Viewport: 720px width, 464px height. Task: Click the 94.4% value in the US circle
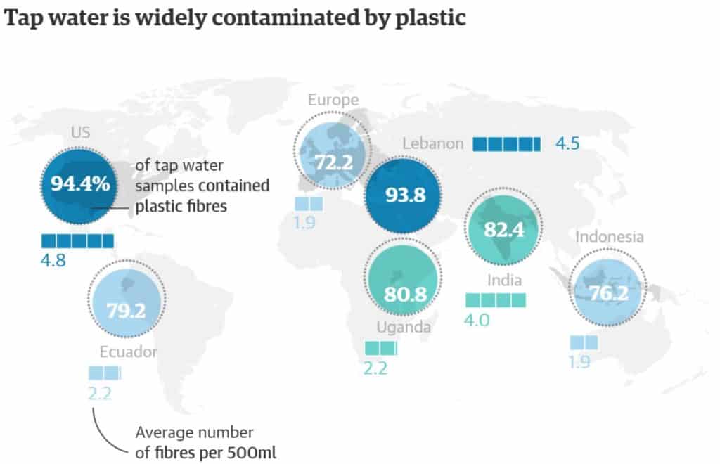tap(79, 185)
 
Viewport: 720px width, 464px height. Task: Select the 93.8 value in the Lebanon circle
tap(405, 195)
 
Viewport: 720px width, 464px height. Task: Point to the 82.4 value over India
tap(506, 230)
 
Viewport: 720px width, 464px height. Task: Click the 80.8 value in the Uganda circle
tap(405, 293)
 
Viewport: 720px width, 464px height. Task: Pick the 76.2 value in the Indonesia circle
tap(608, 293)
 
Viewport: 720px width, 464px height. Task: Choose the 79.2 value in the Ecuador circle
tap(127, 310)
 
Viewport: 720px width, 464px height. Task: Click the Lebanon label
tap(433, 144)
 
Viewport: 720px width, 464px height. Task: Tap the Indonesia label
tap(609, 237)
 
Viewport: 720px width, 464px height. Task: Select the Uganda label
tap(403, 327)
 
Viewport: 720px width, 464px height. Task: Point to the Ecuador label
tap(127, 352)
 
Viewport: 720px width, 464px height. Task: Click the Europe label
tap(333, 100)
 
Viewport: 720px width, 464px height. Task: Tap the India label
tap(504, 281)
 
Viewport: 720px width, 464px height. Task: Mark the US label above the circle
tap(79, 131)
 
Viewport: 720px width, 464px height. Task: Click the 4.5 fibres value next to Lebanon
tap(567, 144)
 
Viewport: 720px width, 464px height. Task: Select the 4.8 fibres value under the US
tap(53, 260)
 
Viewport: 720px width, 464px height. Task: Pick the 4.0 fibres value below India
tap(477, 321)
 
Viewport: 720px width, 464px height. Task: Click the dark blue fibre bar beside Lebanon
tap(506, 144)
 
